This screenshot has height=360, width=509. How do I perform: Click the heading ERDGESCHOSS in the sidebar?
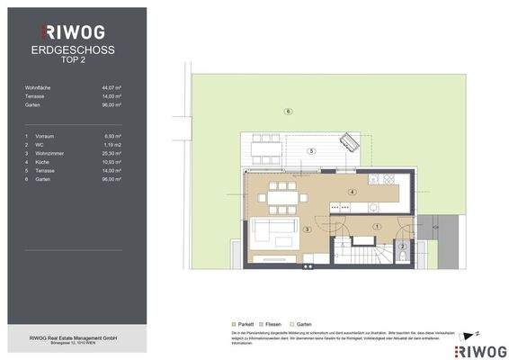tap(72, 50)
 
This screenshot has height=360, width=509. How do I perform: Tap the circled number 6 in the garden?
tap(287, 112)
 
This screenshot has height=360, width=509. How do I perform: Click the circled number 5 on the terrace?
tap(310, 150)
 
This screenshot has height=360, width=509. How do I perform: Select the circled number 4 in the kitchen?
tap(353, 192)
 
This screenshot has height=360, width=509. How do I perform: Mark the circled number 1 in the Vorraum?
tap(378, 226)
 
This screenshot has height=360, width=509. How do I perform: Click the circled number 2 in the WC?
tap(403, 246)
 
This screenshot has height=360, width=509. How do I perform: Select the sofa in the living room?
tap(267, 234)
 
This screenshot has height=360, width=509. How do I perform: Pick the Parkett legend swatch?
tap(234, 323)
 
